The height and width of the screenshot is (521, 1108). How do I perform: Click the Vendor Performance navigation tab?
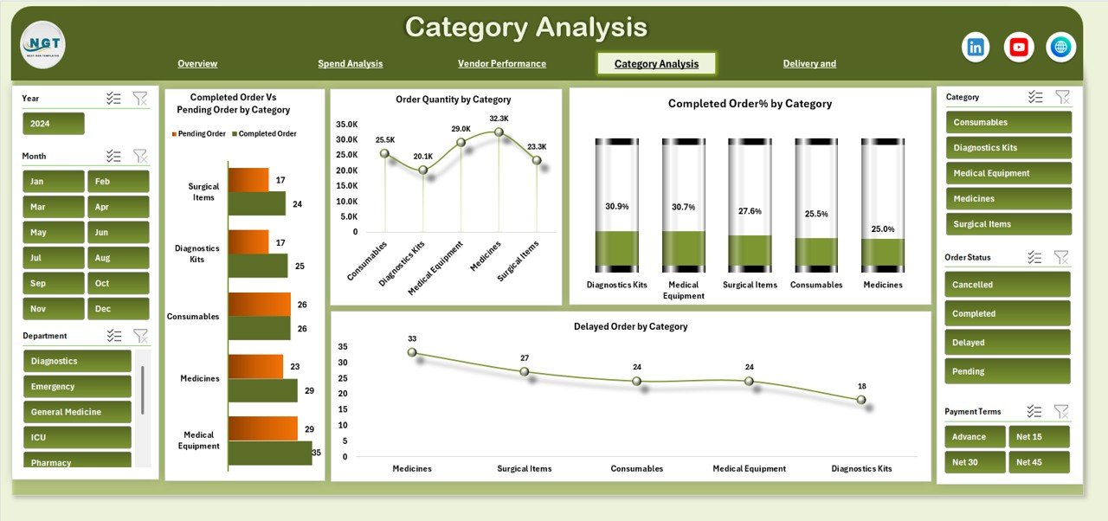(x=501, y=63)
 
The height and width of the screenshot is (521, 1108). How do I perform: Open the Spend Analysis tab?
(x=350, y=63)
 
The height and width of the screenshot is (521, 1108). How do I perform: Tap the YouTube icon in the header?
(x=1019, y=48)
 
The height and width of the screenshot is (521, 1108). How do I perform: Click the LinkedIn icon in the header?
(x=976, y=48)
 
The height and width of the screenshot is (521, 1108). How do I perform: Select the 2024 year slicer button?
(x=54, y=124)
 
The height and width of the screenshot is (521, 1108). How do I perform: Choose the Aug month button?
(x=118, y=258)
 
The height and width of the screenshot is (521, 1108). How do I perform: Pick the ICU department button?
(x=77, y=437)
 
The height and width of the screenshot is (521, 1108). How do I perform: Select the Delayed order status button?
(x=1007, y=343)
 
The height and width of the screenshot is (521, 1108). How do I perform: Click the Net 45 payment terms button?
(x=1039, y=462)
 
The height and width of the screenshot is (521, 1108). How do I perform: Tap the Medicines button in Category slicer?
(x=1008, y=199)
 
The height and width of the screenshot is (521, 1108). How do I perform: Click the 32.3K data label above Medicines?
(x=499, y=119)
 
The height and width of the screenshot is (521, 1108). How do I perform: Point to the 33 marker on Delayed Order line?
(x=412, y=352)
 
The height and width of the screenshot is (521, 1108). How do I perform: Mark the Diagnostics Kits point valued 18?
(x=860, y=400)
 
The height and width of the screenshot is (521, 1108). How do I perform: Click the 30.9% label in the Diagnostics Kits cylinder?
(x=616, y=207)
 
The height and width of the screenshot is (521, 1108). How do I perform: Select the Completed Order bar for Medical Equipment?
(x=270, y=453)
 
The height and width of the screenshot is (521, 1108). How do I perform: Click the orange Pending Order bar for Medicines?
(x=255, y=366)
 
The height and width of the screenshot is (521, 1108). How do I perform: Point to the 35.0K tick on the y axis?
(x=346, y=124)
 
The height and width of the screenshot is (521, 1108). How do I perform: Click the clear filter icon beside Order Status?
(x=1061, y=257)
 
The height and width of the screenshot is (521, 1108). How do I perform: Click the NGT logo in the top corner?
(x=43, y=45)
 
